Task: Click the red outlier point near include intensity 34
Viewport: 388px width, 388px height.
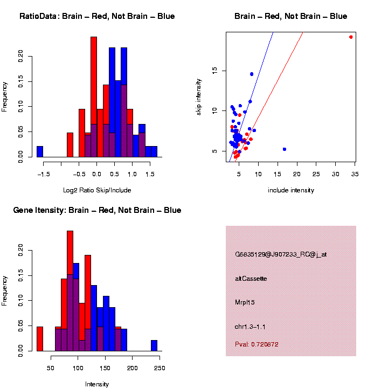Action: (351, 37)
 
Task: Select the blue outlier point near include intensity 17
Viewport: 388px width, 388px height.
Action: (285, 149)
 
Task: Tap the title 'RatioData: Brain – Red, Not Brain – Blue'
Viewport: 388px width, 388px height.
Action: (97, 17)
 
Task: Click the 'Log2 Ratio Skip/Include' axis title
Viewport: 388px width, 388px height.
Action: (97, 190)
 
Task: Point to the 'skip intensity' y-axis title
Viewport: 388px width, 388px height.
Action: (199, 96)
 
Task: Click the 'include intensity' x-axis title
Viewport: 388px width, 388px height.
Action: (291, 190)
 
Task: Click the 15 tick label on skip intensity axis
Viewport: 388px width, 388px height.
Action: (213, 70)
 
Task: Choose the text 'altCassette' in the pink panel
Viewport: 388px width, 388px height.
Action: (251, 279)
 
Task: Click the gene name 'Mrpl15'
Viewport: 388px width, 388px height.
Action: (245, 302)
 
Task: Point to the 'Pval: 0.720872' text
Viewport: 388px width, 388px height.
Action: (257, 344)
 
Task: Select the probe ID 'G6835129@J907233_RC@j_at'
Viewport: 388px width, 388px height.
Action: (281, 254)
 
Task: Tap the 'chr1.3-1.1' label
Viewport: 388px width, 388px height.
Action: (250, 327)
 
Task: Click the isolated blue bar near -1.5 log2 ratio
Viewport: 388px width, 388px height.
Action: (40, 152)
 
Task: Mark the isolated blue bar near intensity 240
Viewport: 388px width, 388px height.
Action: (154, 345)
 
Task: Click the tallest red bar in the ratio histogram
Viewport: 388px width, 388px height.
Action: (94, 97)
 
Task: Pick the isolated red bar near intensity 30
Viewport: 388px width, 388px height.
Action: (40, 339)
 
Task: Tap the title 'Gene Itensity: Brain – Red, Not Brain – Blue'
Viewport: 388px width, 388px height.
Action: (97, 210)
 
